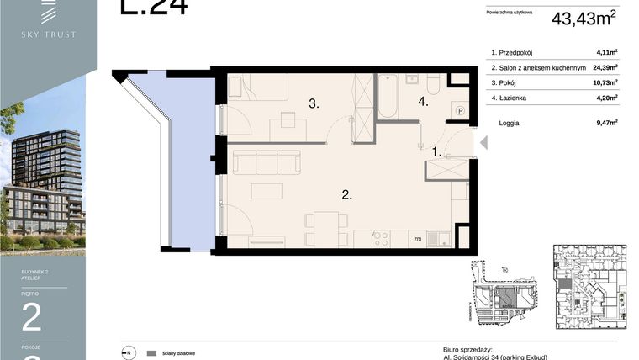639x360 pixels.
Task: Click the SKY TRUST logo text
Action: click(x=48, y=34)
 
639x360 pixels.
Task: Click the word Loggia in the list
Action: click(x=508, y=123)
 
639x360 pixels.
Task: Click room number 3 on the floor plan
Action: click(x=313, y=104)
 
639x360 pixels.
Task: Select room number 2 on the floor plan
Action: click(x=346, y=195)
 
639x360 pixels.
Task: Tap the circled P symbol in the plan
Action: click(x=460, y=109)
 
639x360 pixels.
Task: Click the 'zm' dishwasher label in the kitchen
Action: click(x=417, y=239)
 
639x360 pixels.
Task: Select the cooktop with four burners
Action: click(x=381, y=238)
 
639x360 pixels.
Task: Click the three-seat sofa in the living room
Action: click(x=266, y=161)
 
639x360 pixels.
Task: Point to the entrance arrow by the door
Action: click(x=483, y=144)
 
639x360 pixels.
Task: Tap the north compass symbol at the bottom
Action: click(x=128, y=353)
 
